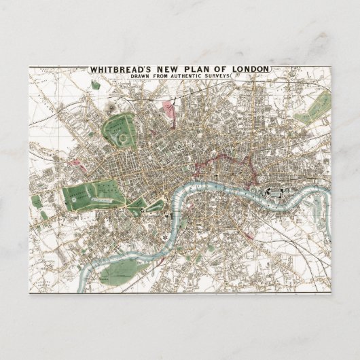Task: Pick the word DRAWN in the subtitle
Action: pyautogui.click(x=144, y=77)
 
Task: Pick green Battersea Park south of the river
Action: pyautogui.click(x=120, y=271)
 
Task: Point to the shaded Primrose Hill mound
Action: pyautogui.click(x=109, y=107)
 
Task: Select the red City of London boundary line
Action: pyautogui.click(x=224, y=161)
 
